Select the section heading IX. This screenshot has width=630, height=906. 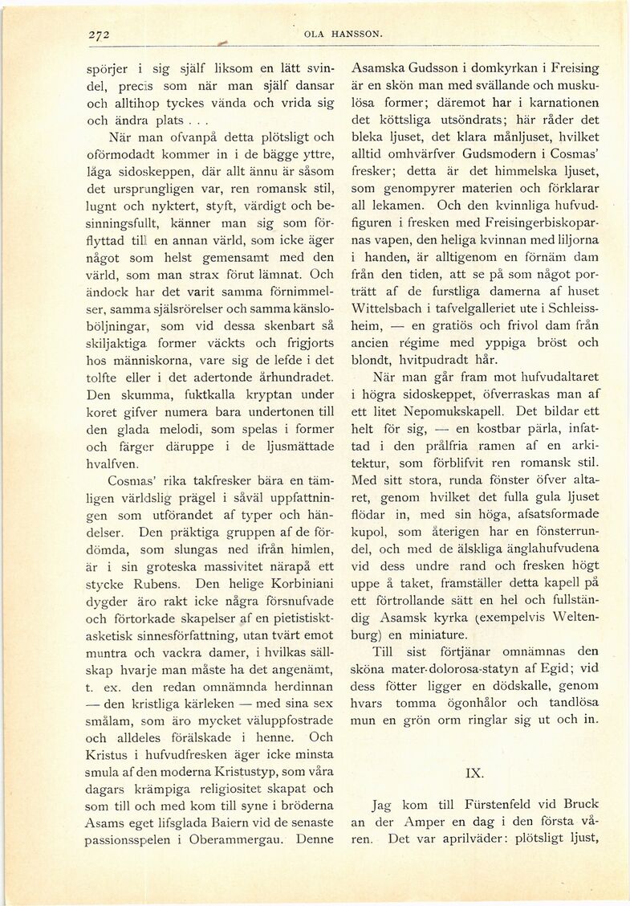point(474,773)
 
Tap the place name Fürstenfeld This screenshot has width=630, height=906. point(485,802)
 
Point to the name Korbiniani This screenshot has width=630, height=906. point(281,584)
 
